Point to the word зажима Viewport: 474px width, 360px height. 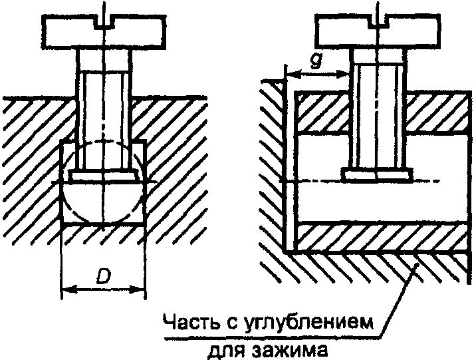(298, 348)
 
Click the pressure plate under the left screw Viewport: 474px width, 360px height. (104, 176)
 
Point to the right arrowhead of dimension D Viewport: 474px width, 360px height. (140, 289)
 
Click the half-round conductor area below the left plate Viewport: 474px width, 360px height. (104, 200)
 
